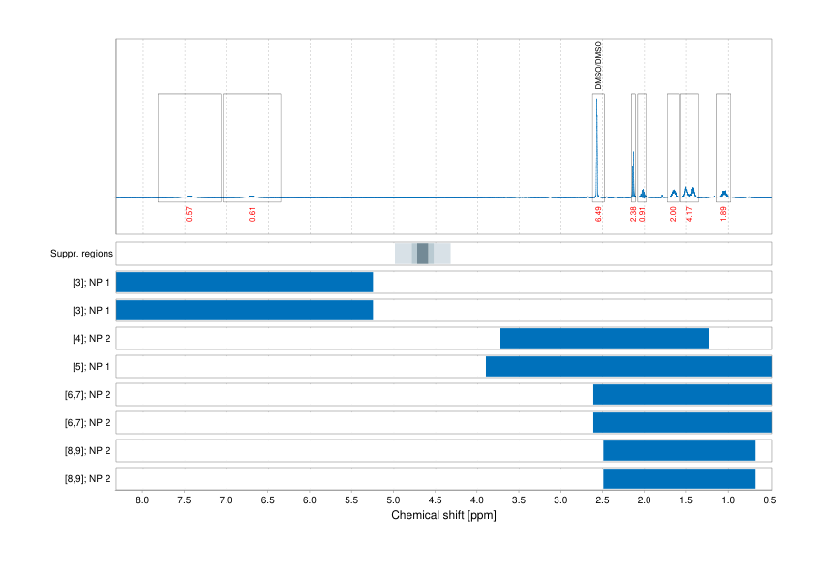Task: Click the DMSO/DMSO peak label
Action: [598, 66]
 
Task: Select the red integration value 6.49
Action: [599, 214]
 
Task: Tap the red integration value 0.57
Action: [189, 214]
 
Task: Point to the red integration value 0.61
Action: [253, 214]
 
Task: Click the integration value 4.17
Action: [689, 214]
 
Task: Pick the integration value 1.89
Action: [723, 214]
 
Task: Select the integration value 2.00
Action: [674, 214]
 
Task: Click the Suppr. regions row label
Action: [81, 254]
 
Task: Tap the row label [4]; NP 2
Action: [88, 338]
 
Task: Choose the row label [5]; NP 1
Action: [88, 366]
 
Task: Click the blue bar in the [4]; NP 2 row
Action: [604, 338]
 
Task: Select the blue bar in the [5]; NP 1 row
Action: [628, 366]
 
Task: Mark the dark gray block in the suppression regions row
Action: [422, 254]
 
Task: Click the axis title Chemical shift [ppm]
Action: [443, 516]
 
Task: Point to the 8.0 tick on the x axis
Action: [142, 500]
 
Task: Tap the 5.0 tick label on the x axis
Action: [393, 500]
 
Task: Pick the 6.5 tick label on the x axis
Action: [268, 500]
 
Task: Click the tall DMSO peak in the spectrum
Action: [596, 145]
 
